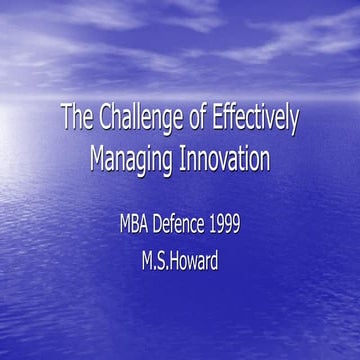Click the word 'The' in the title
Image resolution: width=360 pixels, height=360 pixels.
(x=77, y=119)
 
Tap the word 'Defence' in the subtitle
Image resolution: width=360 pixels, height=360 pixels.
(x=188, y=221)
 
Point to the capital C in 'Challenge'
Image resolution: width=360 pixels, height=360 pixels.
(x=105, y=119)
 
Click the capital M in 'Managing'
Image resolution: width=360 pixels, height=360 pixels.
(x=99, y=158)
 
